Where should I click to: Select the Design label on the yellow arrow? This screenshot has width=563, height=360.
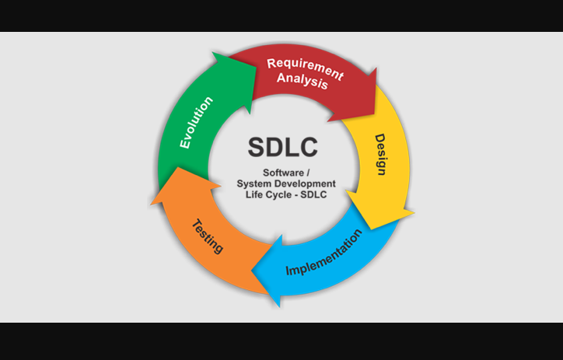379,154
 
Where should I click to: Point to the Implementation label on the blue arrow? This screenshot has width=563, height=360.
323,254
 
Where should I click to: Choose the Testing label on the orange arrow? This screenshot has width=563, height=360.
208,236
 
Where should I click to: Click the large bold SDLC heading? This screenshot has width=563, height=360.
282,147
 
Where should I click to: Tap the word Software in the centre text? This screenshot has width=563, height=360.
278,172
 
